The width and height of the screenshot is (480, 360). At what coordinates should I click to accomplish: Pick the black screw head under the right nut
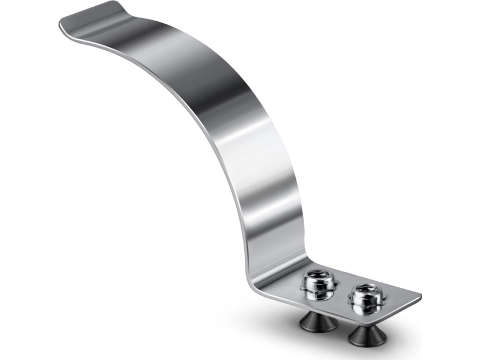[x=365, y=334]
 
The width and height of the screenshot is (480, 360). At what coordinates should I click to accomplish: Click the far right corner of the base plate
[x=419, y=296]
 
